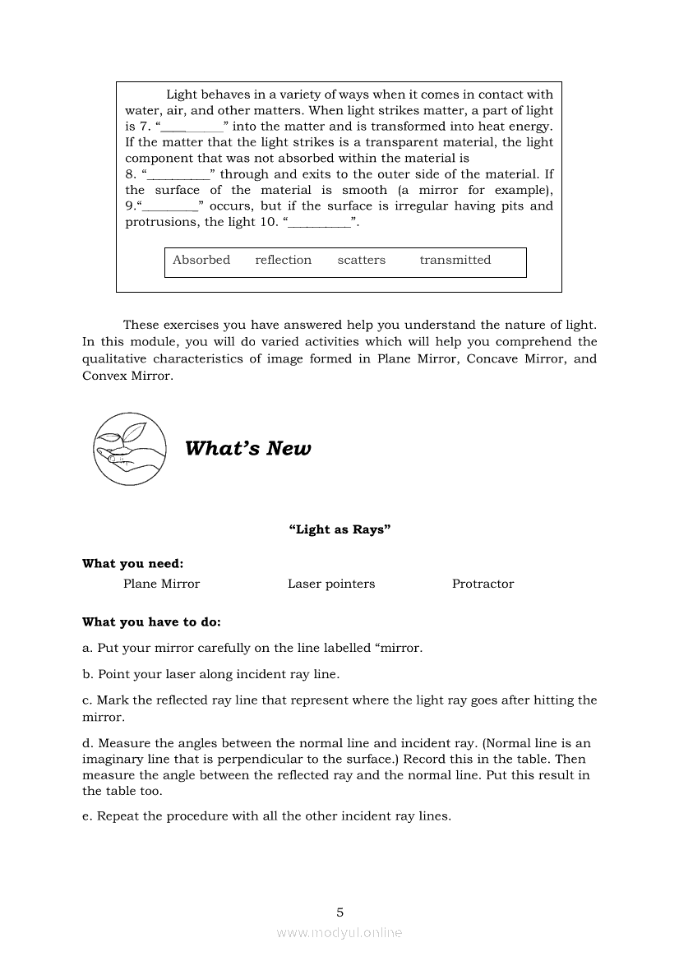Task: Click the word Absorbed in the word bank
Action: click(x=201, y=261)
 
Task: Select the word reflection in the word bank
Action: click(x=284, y=261)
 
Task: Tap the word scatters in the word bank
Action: click(x=361, y=261)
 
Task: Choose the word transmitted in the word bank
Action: click(x=455, y=261)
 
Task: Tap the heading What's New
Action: click(x=248, y=449)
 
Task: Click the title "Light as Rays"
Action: click(x=339, y=530)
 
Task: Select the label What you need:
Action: click(x=133, y=564)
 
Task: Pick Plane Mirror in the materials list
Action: click(x=161, y=584)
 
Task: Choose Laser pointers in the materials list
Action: click(x=331, y=584)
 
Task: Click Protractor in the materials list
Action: click(x=483, y=584)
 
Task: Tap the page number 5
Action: click(x=339, y=912)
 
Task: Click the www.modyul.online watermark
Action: click(x=339, y=933)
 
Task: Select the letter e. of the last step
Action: click(x=87, y=817)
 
